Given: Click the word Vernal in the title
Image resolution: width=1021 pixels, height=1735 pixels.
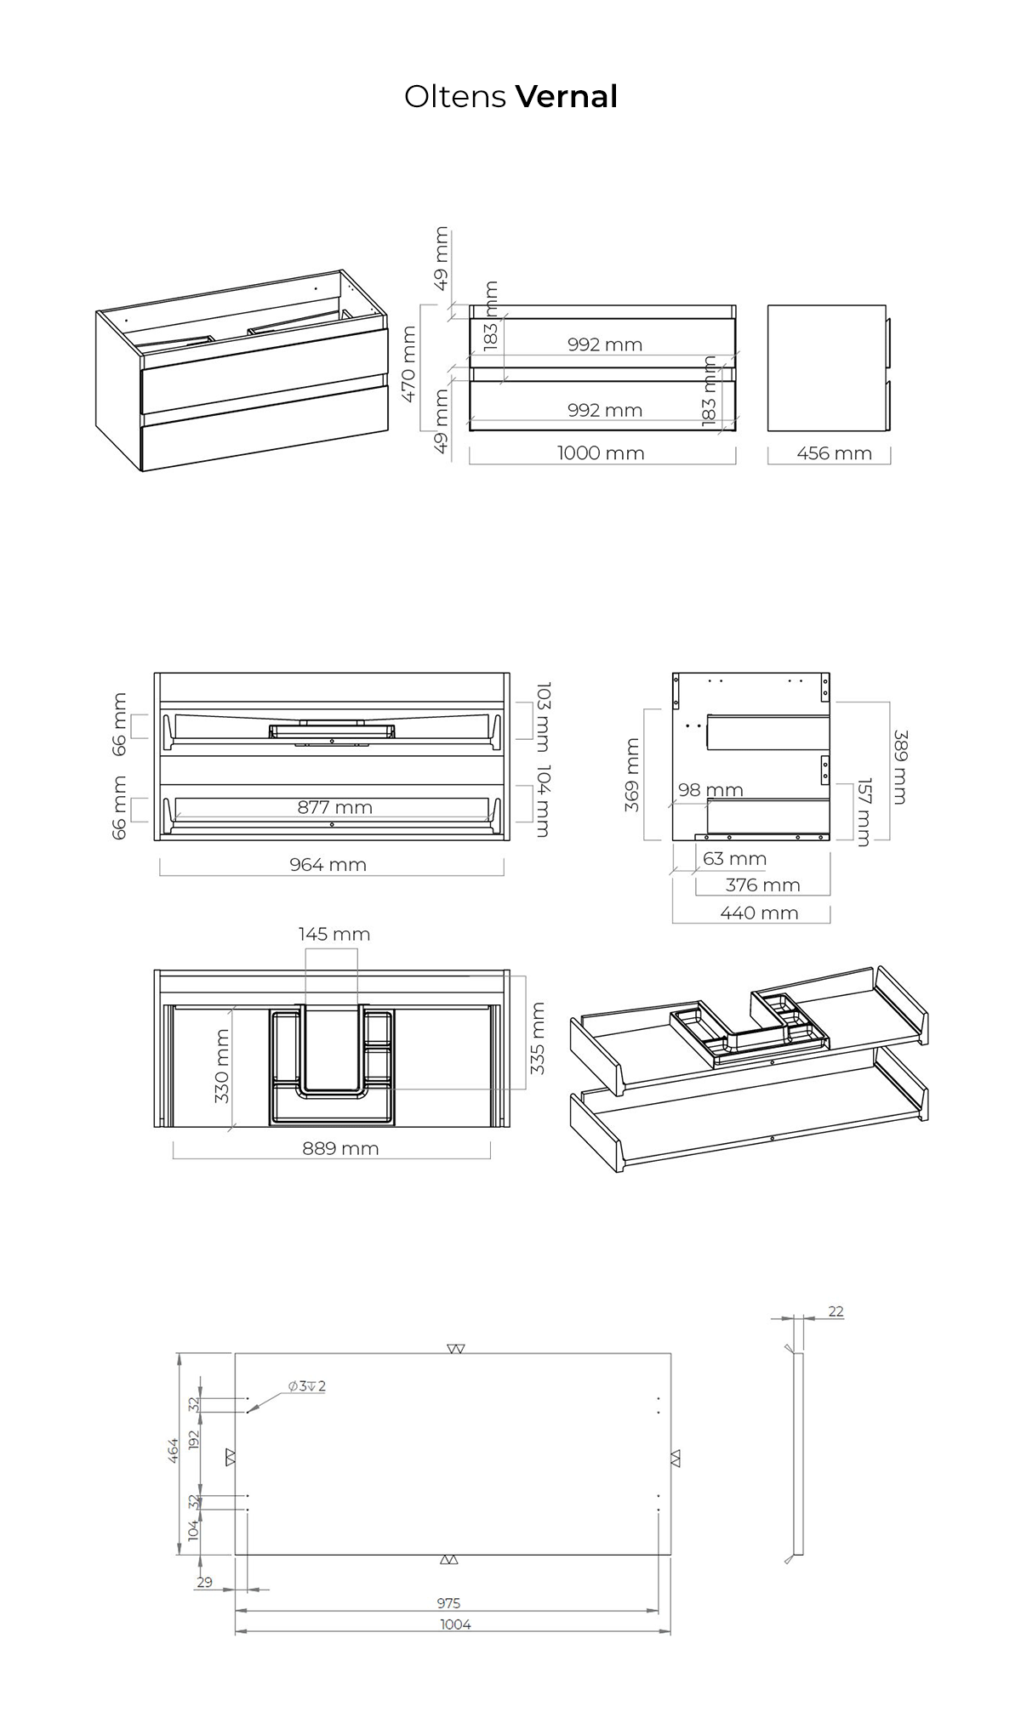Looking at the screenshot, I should (x=567, y=97).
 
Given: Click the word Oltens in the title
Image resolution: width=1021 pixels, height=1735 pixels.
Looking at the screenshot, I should (x=455, y=97).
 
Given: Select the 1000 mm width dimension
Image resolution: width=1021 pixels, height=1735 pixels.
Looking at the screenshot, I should (x=601, y=453).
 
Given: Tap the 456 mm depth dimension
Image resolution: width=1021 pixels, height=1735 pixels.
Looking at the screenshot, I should (x=834, y=453).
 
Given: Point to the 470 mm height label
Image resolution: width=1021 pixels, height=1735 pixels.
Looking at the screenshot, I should (x=408, y=364).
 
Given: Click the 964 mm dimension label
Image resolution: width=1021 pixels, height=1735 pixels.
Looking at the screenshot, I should (x=328, y=865).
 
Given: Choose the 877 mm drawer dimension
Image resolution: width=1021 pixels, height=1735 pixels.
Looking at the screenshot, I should (x=334, y=807).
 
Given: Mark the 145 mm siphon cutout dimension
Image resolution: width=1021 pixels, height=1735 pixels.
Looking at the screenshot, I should (x=334, y=935).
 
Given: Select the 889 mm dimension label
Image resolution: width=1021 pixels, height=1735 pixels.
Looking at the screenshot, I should (x=340, y=1149).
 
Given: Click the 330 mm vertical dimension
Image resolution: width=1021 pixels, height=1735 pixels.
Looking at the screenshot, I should (x=222, y=1066).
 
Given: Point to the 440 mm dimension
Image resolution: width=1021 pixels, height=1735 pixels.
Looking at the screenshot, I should (x=759, y=913).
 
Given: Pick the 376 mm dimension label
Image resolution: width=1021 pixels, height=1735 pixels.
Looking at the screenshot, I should (x=762, y=885).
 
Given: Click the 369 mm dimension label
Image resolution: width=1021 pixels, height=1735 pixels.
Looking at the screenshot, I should (x=631, y=775).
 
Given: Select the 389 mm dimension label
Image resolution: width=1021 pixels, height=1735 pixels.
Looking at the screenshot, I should (x=900, y=767).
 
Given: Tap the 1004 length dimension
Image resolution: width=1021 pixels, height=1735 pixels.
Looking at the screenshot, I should (x=455, y=1624).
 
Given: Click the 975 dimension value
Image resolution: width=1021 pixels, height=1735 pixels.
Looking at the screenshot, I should (x=448, y=1603).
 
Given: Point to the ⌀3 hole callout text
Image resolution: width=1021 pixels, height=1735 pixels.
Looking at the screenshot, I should (x=306, y=1386).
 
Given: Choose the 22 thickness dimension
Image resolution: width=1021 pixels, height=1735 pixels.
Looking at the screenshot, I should (x=836, y=1311).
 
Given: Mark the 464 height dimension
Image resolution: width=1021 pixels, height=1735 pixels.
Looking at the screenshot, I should (x=174, y=1450).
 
